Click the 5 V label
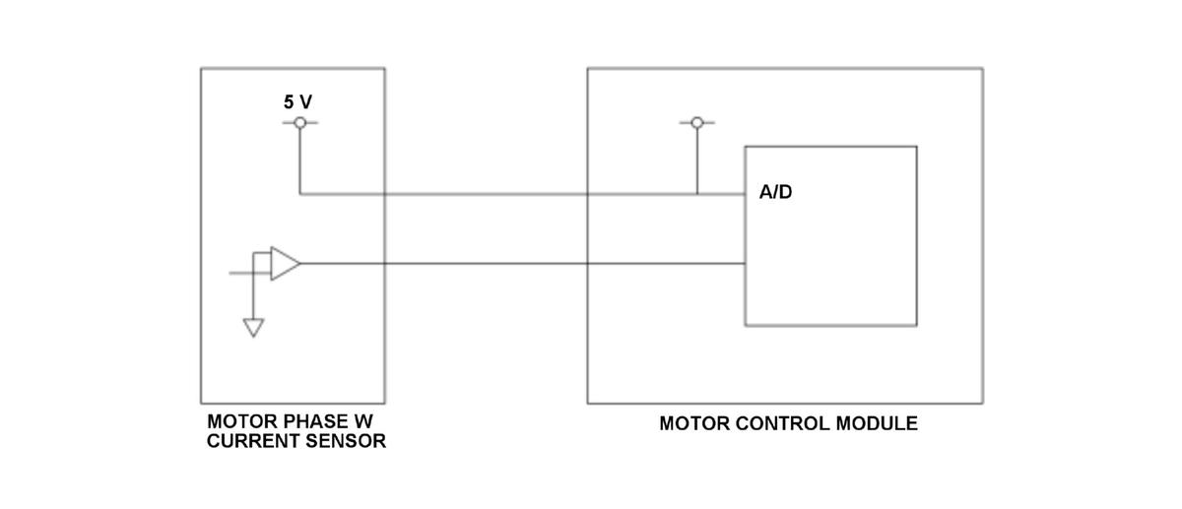(x=299, y=101)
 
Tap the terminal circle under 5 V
(x=300, y=123)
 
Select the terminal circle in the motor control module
(x=697, y=123)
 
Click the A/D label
(x=775, y=192)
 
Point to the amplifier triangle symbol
(x=284, y=264)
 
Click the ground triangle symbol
(x=254, y=328)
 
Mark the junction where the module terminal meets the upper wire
(x=697, y=194)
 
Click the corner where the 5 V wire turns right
(x=300, y=194)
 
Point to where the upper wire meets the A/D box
(x=745, y=194)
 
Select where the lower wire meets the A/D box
(x=745, y=264)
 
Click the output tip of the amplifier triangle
(x=299, y=264)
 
